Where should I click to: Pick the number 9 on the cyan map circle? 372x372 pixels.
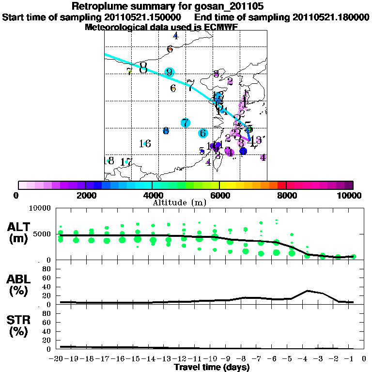(169, 73)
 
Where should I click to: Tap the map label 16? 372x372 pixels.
(145, 144)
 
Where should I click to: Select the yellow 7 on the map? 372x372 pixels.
(129, 72)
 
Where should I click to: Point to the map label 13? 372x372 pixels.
(255, 140)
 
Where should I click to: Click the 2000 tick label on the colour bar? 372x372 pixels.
(85, 195)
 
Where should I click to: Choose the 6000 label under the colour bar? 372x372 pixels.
(219, 195)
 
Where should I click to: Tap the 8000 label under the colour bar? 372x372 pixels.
(286, 195)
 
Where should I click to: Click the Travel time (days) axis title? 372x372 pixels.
(212, 368)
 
